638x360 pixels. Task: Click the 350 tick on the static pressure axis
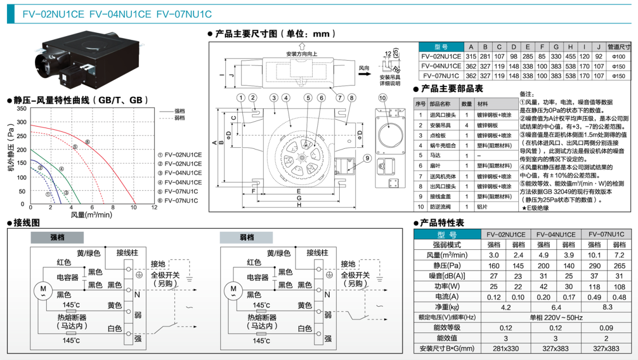click(21, 108)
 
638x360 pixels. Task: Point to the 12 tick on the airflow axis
click(154, 208)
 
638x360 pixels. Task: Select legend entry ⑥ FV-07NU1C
click(178, 200)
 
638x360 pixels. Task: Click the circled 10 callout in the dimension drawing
click(383, 97)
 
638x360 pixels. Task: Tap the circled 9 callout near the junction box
click(367, 158)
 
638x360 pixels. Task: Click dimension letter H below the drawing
click(299, 205)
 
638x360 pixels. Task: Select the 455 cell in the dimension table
click(570, 56)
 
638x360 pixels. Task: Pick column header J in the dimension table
click(598, 47)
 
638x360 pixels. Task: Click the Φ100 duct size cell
click(619, 56)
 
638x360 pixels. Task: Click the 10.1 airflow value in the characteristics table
click(594, 255)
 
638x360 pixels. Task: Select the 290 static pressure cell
click(594, 265)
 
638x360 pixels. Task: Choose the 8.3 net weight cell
click(607, 307)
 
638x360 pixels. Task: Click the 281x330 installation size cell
click(506, 349)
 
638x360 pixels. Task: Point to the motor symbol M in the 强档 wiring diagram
click(40, 290)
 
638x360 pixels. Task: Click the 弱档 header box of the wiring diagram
click(246, 238)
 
